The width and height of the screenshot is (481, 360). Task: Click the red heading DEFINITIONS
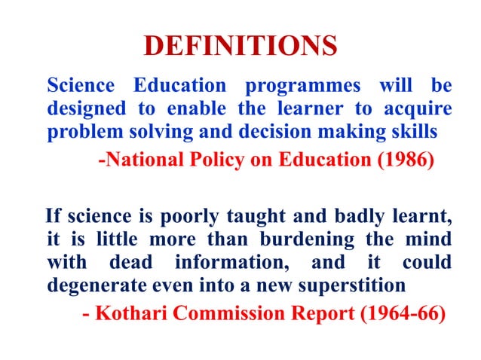pyautogui.click(x=240, y=47)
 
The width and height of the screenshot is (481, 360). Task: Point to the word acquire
pyautogui.click(x=419, y=108)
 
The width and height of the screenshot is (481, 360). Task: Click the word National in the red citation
pyautogui.click(x=139, y=161)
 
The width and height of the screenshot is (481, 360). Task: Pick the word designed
pyautogui.click(x=81, y=108)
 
